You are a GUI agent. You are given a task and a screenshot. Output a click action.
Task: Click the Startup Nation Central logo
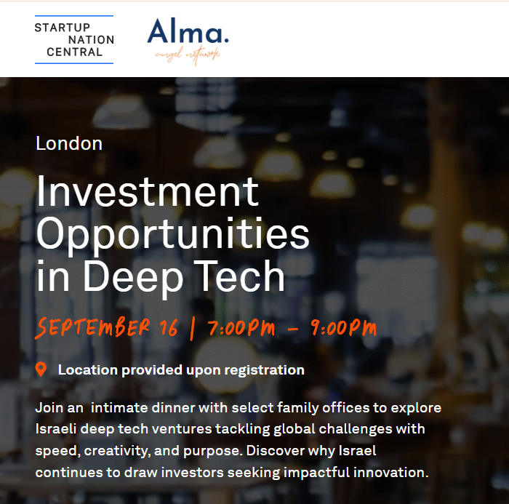click(x=74, y=39)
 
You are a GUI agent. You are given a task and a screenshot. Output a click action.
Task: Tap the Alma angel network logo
click(x=188, y=41)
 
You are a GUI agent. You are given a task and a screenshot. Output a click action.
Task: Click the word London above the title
click(x=69, y=143)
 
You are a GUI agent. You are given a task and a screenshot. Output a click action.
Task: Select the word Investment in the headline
click(x=148, y=191)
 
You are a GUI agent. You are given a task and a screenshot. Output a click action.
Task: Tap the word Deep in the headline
click(x=133, y=279)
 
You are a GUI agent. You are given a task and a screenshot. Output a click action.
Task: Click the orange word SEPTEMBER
click(x=92, y=327)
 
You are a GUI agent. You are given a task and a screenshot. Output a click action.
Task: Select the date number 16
click(x=169, y=327)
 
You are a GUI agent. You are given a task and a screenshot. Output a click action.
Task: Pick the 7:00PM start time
click(x=241, y=328)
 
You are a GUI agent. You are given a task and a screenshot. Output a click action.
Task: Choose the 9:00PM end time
click(x=344, y=328)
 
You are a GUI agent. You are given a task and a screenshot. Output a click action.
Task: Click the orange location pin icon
click(x=41, y=369)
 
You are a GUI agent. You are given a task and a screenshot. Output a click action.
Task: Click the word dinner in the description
click(x=173, y=408)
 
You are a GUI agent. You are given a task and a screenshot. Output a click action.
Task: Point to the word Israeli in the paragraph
click(x=56, y=428)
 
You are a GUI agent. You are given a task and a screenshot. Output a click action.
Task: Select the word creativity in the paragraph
click(x=117, y=451)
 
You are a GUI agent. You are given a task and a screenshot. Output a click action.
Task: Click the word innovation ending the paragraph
click(x=391, y=473)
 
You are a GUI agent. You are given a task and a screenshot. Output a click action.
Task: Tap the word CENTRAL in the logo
click(x=75, y=52)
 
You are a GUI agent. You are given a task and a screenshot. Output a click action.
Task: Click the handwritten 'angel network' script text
click(x=188, y=55)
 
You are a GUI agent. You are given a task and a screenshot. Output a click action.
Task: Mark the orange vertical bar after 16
click(x=193, y=329)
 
